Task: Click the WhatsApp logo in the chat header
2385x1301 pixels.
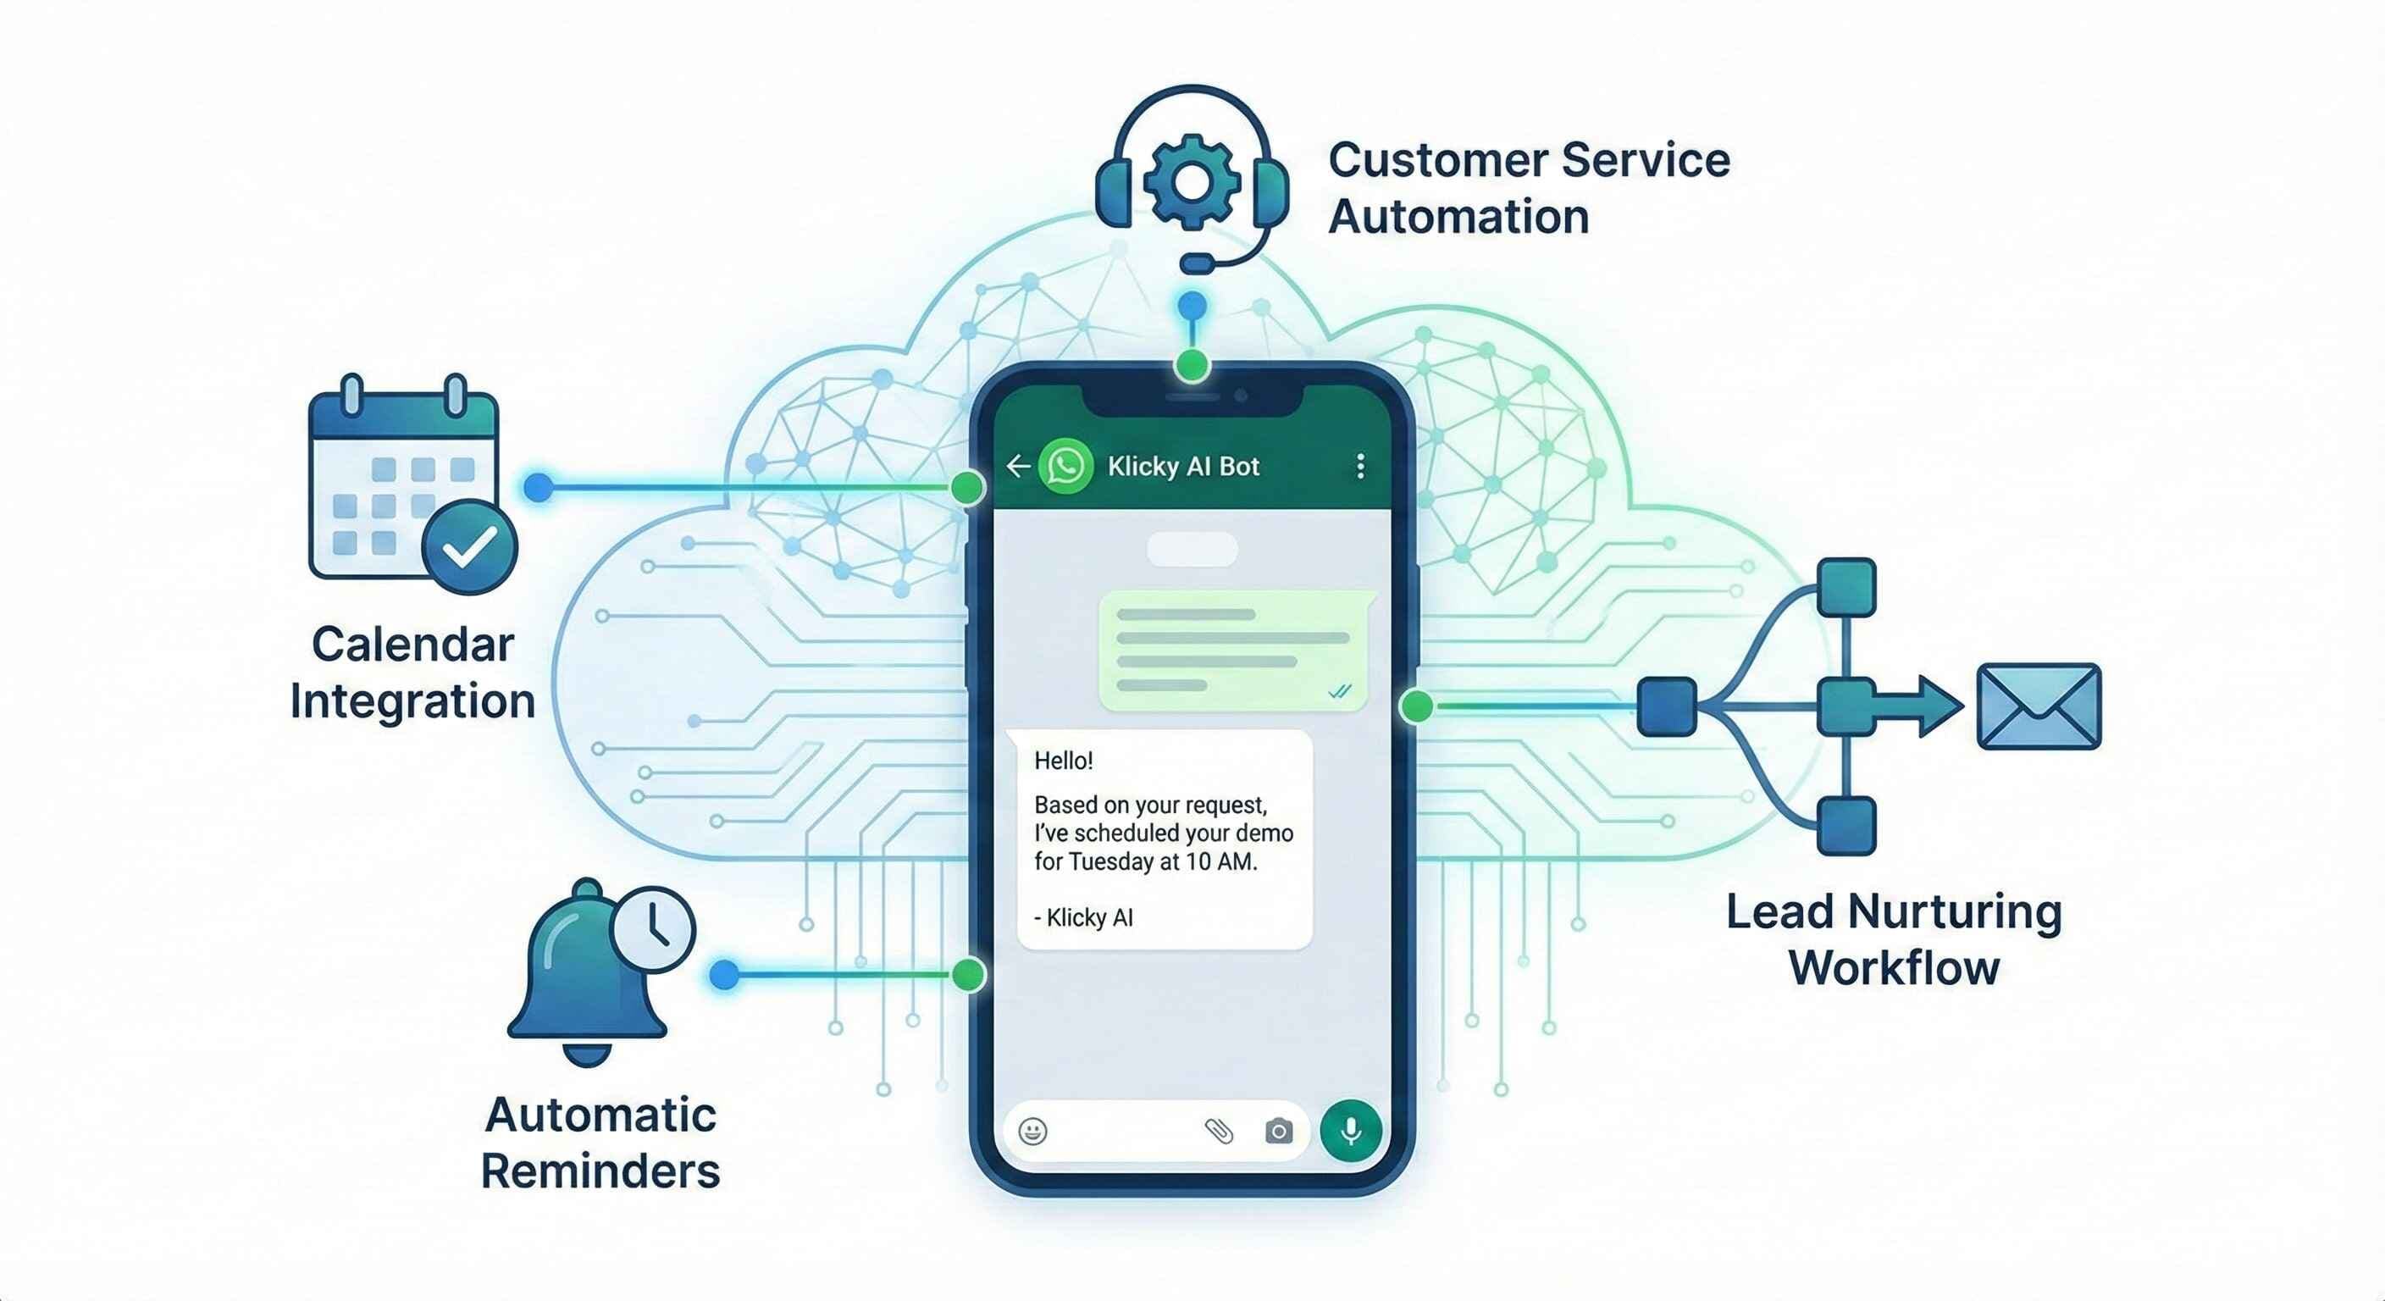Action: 1065,466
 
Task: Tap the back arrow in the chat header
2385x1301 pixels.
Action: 1017,466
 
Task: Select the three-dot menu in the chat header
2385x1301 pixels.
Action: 1360,466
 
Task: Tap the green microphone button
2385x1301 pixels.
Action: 1351,1131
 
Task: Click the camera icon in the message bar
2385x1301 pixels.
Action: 1279,1131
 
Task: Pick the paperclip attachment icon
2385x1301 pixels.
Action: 1219,1131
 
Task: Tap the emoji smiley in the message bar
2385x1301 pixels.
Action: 1032,1131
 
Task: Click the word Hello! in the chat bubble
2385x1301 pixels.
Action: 1063,761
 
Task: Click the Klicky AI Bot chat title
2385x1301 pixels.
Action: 1183,467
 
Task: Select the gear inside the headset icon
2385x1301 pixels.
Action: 1192,180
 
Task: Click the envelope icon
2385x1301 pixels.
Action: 2039,706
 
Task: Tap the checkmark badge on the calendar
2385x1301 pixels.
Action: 469,546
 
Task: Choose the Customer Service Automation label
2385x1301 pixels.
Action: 1528,188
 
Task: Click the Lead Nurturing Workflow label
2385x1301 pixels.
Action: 1894,939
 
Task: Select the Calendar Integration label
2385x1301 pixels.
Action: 413,673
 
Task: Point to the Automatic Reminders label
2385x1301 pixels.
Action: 600,1143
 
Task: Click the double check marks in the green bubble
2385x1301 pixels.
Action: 1339,691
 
